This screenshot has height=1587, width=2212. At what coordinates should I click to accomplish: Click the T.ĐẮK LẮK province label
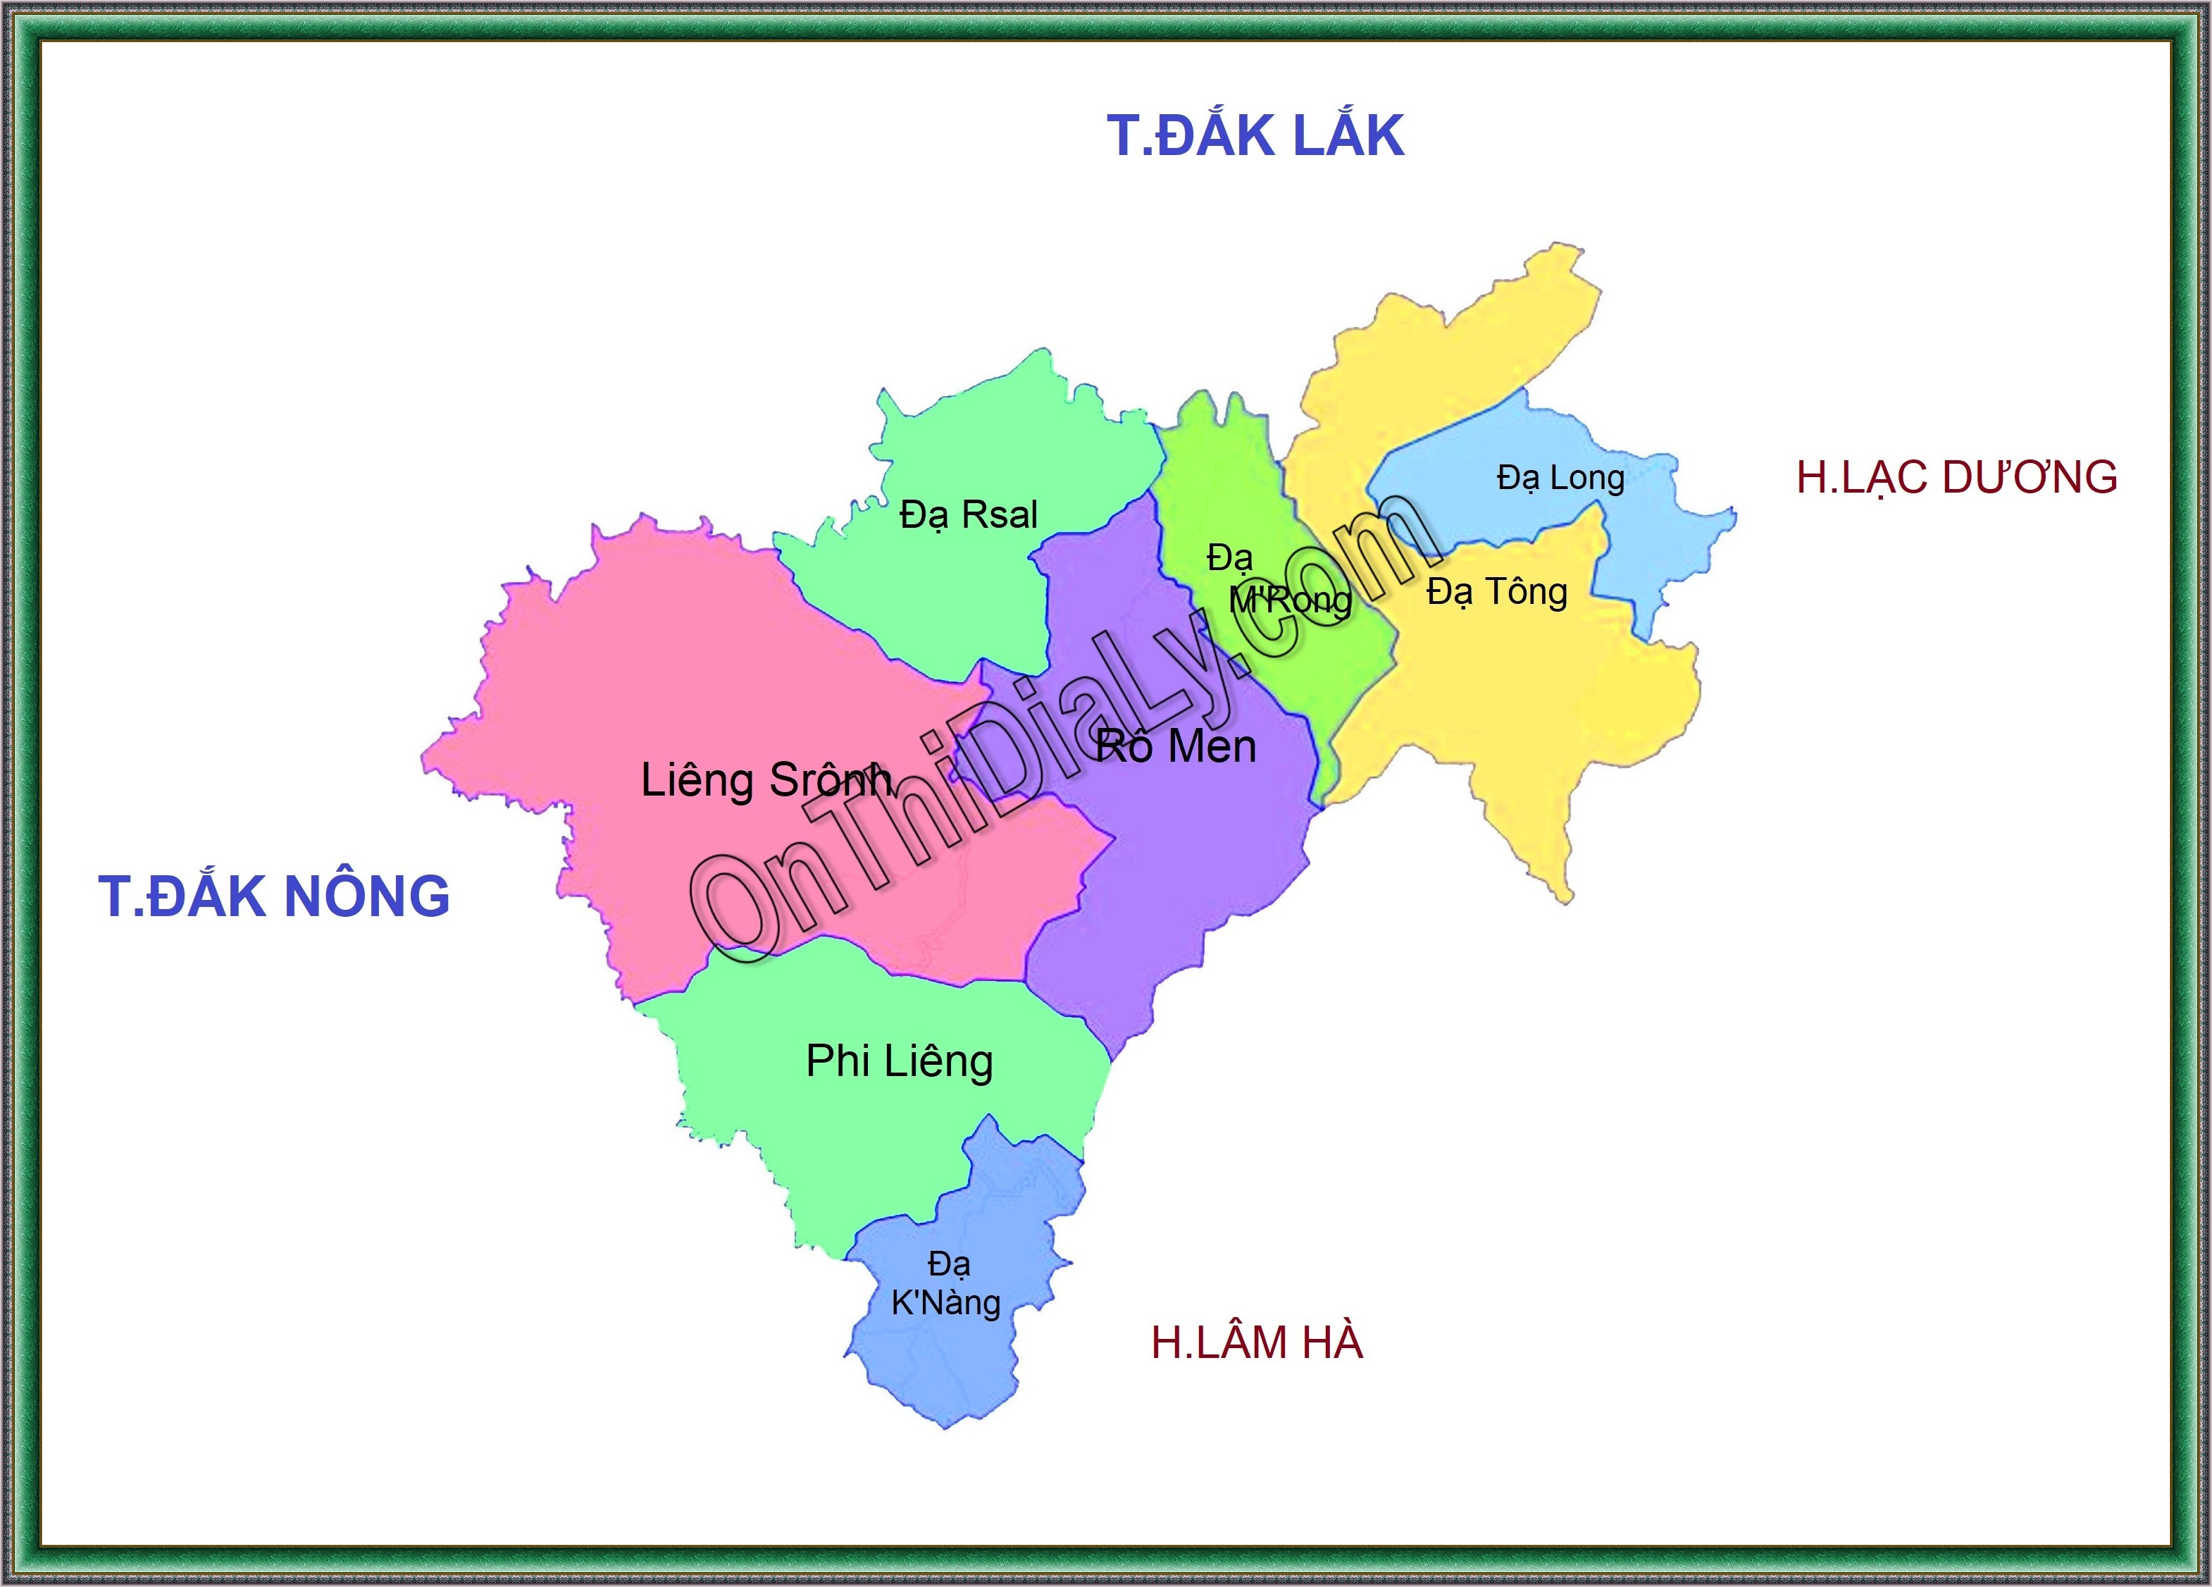tap(1255, 135)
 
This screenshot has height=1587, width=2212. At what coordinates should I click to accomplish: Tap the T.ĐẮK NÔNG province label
tap(274, 896)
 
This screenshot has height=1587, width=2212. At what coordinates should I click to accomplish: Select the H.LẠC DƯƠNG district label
tap(1956, 477)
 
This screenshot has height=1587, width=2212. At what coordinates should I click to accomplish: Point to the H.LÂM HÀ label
tap(1256, 1342)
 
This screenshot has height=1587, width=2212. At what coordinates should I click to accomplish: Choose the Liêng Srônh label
tap(766, 780)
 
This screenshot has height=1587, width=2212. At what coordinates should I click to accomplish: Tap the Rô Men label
tap(1175, 747)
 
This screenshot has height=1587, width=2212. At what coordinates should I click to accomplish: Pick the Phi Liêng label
tap(899, 1061)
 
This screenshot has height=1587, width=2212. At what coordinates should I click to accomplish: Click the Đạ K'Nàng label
tap(946, 1284)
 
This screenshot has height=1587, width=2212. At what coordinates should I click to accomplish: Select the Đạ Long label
tap(1560, 478)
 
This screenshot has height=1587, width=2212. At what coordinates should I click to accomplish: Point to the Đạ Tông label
tap(1497, 592)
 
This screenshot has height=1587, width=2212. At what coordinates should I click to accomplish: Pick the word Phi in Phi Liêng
tap(837, 1061)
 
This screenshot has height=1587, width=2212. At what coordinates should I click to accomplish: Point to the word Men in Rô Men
tap(1212, 747)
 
